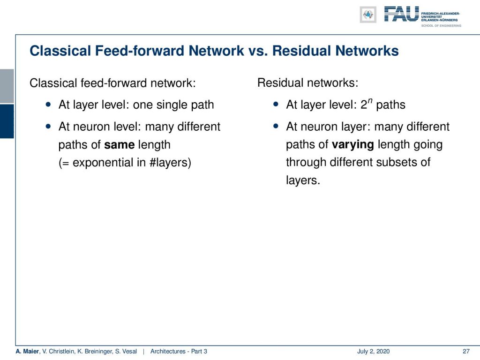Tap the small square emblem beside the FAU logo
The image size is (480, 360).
368,15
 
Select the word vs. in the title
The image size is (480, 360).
258,51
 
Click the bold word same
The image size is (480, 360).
120,144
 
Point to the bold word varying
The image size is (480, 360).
352,144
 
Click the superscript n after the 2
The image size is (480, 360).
370,101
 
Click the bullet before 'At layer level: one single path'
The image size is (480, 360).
48,105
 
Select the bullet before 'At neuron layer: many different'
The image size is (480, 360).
276,126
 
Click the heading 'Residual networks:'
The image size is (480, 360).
307,82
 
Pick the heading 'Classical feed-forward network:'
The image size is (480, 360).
112,83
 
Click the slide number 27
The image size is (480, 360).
466,351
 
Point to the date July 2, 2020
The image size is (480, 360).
373,351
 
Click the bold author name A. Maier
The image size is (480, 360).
28,351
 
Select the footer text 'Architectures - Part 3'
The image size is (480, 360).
179,351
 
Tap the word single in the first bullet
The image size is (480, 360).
172,105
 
